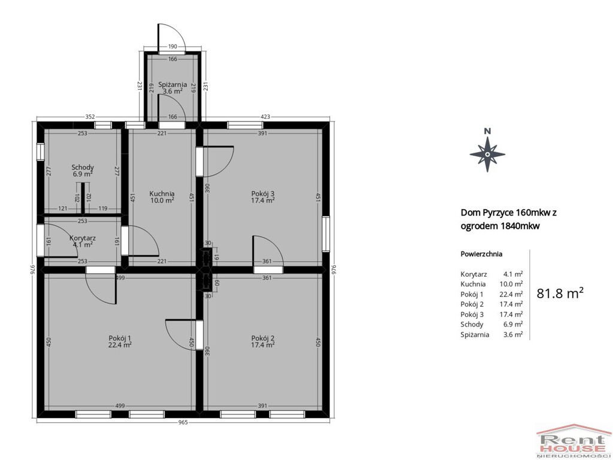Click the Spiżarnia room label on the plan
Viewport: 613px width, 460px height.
coord(172,84)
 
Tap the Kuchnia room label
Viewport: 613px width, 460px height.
coord(162,193)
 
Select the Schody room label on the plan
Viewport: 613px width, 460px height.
coord(83,168)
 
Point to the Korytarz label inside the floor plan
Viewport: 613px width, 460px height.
coord(83,238)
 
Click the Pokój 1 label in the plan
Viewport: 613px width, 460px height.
coord(120,338)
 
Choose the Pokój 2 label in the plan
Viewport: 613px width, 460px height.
coord(263,338)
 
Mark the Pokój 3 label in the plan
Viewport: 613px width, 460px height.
coord(263,193)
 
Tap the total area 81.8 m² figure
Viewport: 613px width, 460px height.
coord(560,293)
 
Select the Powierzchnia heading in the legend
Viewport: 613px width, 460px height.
coord(481,254)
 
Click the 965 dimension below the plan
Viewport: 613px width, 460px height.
coord(183,422)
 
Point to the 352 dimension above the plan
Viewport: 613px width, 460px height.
coord(90,117)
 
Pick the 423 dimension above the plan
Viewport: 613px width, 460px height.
coord(265,117)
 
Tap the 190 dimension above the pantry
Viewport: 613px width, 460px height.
coord(172,47)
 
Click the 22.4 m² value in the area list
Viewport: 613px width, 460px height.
coord(513,294)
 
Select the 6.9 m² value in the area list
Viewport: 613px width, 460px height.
coord(513,324)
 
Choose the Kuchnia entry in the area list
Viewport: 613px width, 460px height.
coord(473,284)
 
